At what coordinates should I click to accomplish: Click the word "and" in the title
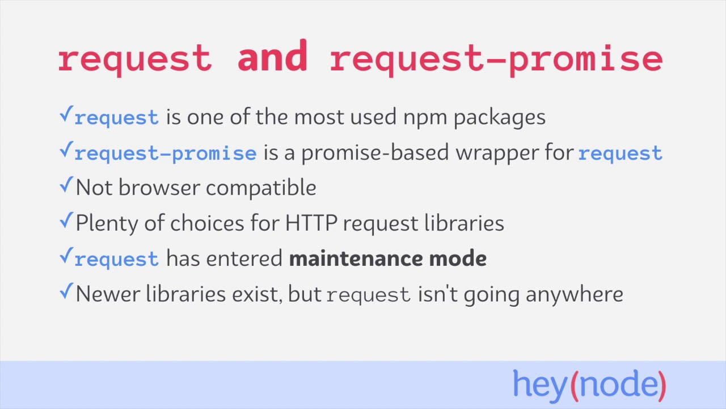272,57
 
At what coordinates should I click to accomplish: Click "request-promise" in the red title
496,59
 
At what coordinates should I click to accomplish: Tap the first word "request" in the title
135,59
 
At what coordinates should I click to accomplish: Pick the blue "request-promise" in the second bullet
165,153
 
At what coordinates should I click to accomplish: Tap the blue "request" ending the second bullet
620,153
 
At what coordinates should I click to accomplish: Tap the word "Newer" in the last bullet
108,294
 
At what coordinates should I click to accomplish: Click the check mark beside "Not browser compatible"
66,185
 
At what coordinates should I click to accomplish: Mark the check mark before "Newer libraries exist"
66,291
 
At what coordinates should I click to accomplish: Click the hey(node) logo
589,385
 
